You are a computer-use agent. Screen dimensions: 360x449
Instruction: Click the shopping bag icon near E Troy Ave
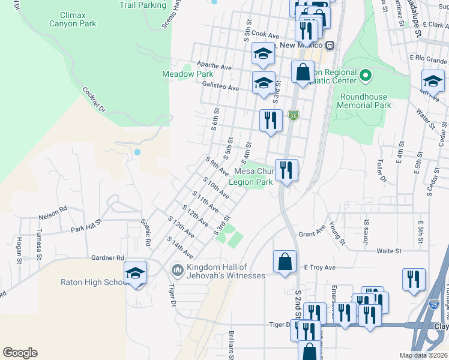coord(285,262)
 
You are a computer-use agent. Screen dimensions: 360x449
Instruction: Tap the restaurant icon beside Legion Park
coord(287,170)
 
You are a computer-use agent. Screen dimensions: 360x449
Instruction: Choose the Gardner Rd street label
coord(107,257)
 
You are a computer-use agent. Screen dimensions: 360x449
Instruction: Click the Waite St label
coord(388,251)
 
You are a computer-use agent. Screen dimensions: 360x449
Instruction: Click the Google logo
coord(20,353)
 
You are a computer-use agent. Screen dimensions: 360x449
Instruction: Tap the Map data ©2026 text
coord(423,355)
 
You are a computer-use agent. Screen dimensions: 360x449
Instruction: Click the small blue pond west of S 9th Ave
coord(137,152)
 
